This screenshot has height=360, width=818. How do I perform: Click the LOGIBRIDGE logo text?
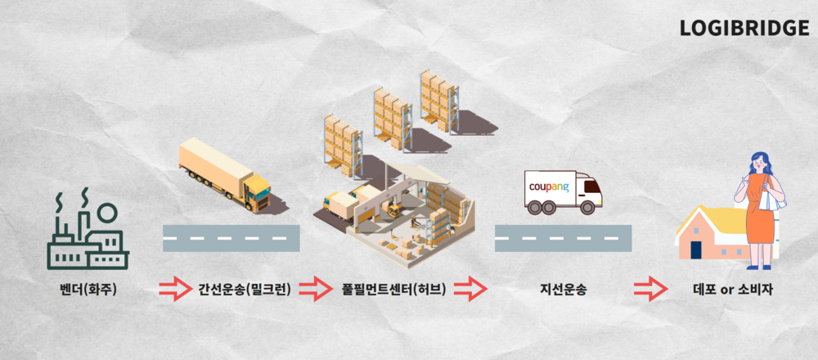pos(744,28)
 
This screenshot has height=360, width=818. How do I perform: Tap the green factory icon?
pos(87,236)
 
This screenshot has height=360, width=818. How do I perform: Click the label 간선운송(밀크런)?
pos(244,289)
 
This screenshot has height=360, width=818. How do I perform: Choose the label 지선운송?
pos(563,289)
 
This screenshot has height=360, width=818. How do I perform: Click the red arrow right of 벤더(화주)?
pos(174,289)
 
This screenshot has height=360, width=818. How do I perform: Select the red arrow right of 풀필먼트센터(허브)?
pos(470,289)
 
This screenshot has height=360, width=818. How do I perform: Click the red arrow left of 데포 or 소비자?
pos(650,289)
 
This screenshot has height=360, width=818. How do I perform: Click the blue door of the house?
pos(695,249)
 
